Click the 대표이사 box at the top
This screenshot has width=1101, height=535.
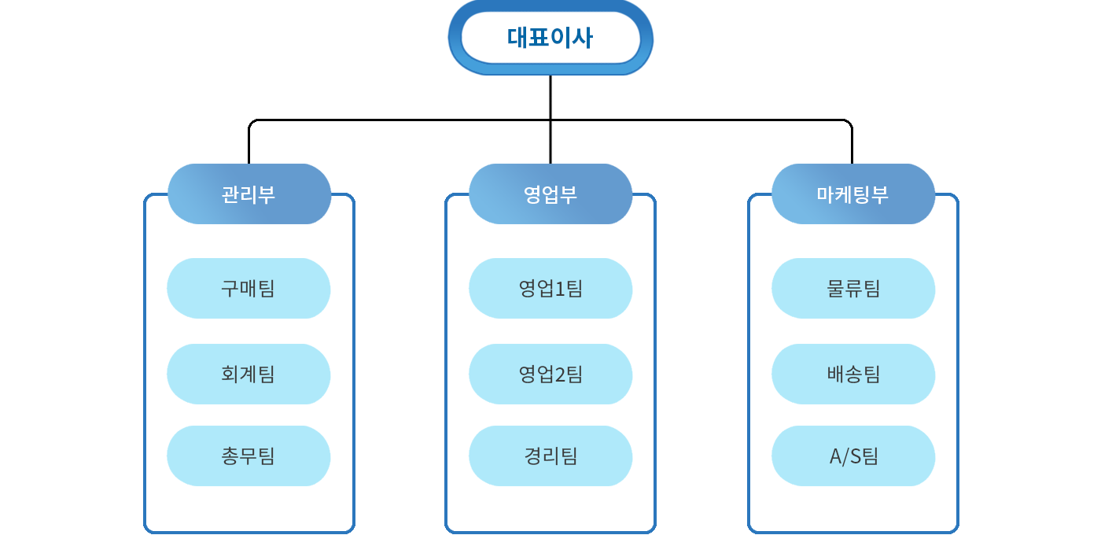pyautogui.click(x=550, y=38)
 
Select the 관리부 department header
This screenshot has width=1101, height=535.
pyautogui.click(x=249, y=194)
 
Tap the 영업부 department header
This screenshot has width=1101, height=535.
pyautogui.click(x=550, y=194)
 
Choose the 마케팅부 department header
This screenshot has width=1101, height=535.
pyautogui.click(x=852, y=194)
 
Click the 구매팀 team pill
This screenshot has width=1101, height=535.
pyautogui.click(x=249, y=288)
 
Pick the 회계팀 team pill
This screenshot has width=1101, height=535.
pyautogui.click(x=249, y=374)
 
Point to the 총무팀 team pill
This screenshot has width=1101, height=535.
pyautogui.click(x=249, y=456)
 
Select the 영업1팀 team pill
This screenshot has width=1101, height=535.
pyautogui.click(x=550, y=288)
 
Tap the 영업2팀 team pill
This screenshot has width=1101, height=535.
pyautogui.click(x=550, y=374)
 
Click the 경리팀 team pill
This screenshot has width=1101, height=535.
pyautogui.click(x=550, y=456)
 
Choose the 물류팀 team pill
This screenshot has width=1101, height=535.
pyautogui.click(x=853, y=288)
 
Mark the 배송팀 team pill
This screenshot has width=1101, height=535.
pyautogui.click(x=853, y=374)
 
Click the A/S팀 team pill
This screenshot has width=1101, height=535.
pyautogui.click(x=853, y=456)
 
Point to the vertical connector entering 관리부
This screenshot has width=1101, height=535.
pyautogui.click(x=249, y=142)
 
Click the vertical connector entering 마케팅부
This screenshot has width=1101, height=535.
pyautogui.click(x=852, y=142)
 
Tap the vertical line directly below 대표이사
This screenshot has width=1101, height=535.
pyautogui.click(x=550, y=120)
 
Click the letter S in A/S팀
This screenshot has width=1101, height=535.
pyautogui.click(x=856, y=456)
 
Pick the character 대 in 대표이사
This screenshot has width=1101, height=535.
pyautogui.click(x=517, y=38)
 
